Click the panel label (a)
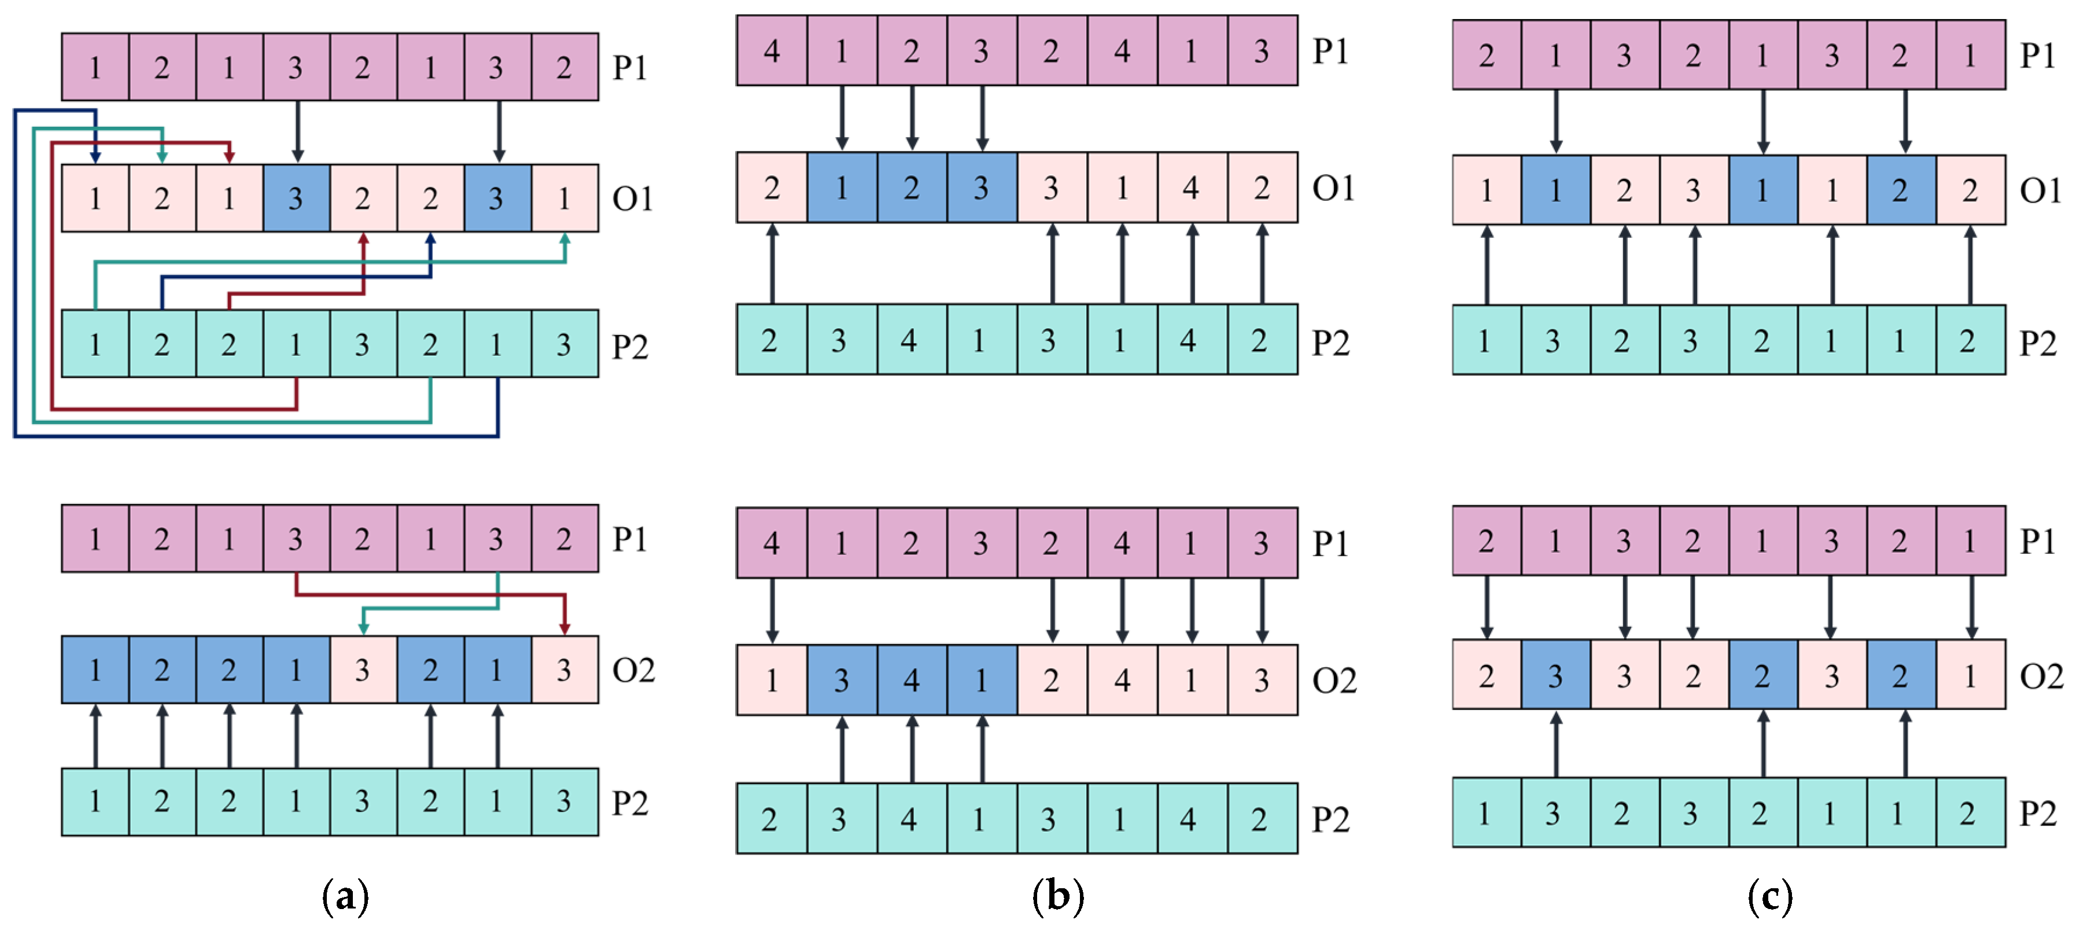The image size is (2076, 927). pyautogui.click(x=345, y=896)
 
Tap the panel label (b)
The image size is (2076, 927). pyautogui.click(x=1057, y=896)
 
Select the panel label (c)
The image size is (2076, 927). pyautogui.click(x=1770, y=896)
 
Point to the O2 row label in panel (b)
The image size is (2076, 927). pyautogui.click(x=1334, y=680)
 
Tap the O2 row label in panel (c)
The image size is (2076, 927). pyautogui.click(x=2041, y=675)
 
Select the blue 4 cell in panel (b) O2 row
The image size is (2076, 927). pyautogui.click(x=912, y=680)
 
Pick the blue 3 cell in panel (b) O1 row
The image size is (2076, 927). pyautogui.click(x=981, y=188)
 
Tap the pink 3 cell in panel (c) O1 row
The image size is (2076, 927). pyautogui.click(x=1693, y=190)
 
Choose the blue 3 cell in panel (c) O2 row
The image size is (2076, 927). pyautogui.click(x=1555, y=675)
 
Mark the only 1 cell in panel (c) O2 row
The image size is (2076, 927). pyautogui.click(x=1970, y=675)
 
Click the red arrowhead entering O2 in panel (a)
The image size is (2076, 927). pyautogui.click(x=565, y=627)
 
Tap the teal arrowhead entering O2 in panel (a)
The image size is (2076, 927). pyautogui.click(x=363, y=627)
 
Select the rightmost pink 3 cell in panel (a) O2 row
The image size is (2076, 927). pyautogui.click(x=564, y=670)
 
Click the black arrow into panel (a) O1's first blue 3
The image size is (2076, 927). pyautogui.click(x=297, y=131)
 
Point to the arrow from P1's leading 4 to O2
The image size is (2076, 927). pyautogui.click(x=772, y=610)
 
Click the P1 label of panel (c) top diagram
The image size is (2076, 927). pyautogui.click(x=2037, y=55)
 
